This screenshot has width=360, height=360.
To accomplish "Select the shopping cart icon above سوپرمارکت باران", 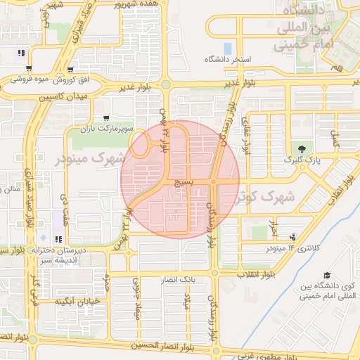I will pyautogui.click(x=105, y=118).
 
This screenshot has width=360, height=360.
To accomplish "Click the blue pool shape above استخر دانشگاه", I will pyautogui.click(x=227, y=49).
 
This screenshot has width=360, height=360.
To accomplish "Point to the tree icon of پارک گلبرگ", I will pyautogui.click(x=302, y=148).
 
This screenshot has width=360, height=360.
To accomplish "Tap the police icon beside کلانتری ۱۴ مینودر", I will pyautogui.click(x=292, y=237).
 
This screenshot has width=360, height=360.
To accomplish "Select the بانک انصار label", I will pyautogui.click(x=179, y=280).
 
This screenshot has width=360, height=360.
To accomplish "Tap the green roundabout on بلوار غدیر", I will pyautogui.click(x=165, y=84).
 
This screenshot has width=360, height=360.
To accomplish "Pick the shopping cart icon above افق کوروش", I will pyautogui.click(x=28, y=69).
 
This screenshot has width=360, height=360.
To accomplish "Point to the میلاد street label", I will pyautogui.click(x=188, y=304).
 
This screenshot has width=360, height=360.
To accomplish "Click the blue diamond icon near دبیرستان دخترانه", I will pyautogui.click(x=44, y=239).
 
